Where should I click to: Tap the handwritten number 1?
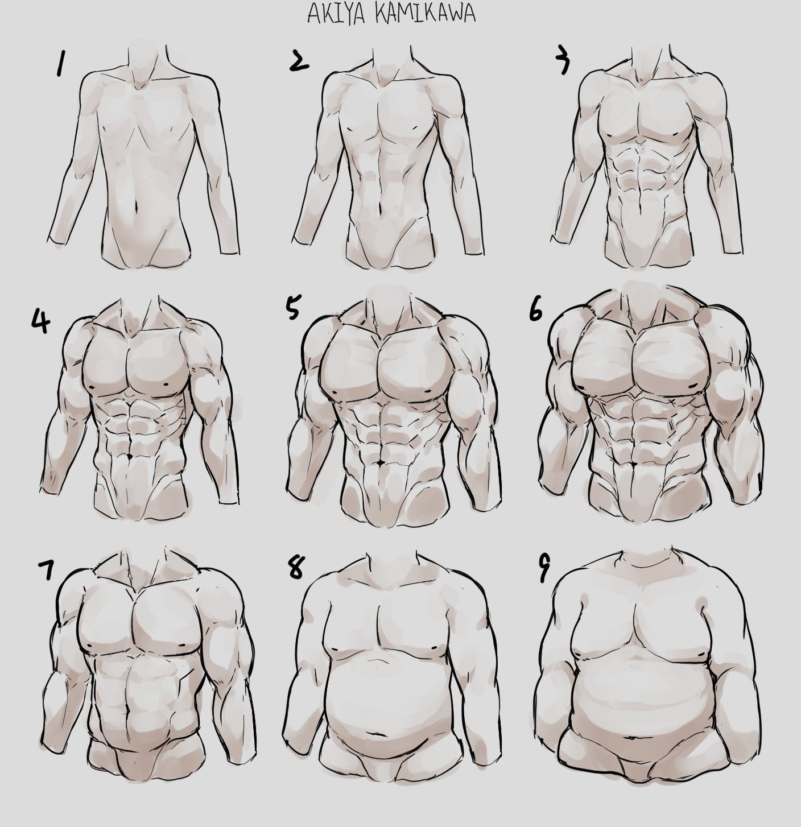[60, 64]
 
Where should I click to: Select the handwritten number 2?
[299, 61]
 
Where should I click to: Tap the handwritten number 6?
[536, 312]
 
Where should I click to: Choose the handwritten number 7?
[46, 569]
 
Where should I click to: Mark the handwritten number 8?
[296, 567]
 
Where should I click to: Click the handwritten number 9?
[544, 569]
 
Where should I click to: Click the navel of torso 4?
[129, 457]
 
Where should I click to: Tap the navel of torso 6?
[635, 463]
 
